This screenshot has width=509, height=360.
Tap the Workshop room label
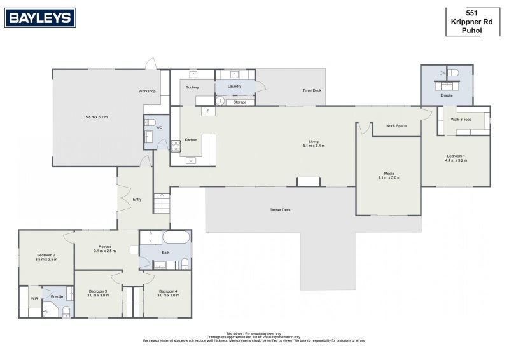point(147,92)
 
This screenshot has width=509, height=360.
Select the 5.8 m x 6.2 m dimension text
point(97,117)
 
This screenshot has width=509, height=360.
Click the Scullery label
point(192,87)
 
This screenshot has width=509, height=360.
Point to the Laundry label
point(234,86)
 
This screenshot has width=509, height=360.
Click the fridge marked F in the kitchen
point(207,112)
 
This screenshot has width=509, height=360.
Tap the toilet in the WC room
point(151,123)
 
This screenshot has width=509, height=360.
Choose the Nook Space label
point(396,125)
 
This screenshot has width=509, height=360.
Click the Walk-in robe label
point(461,120)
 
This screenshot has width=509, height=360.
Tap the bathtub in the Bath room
point(176,238)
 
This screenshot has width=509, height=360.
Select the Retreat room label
point(105,247)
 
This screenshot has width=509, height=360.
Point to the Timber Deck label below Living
point(280,209)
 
